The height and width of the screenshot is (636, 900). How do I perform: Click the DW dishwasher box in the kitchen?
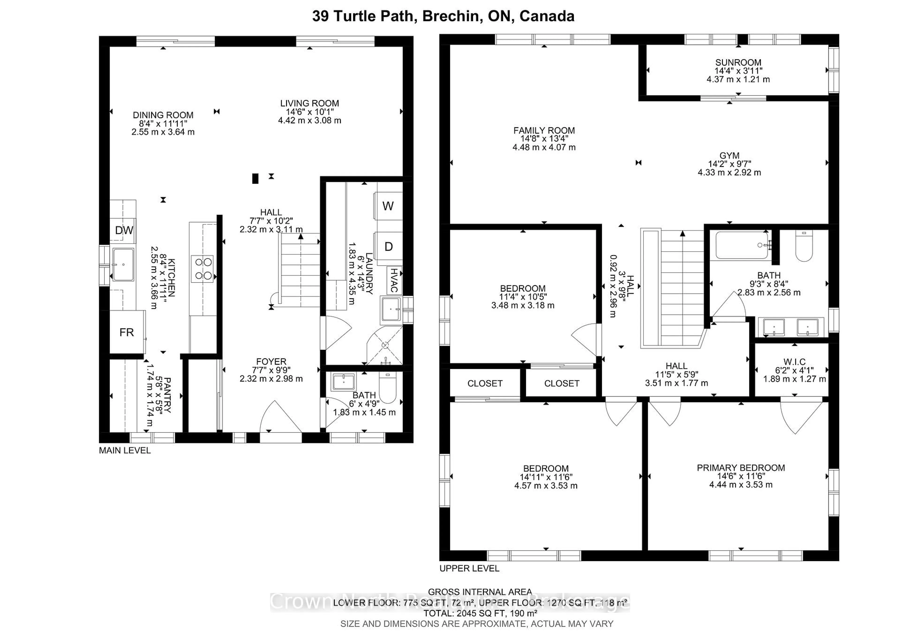[124, 230]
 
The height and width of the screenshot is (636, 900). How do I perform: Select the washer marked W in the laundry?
[388, 206]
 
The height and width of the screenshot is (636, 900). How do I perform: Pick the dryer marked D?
[388, 247]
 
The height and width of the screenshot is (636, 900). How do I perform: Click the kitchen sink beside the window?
[123, 265]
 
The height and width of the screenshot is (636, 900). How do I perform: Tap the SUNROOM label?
[738, 62]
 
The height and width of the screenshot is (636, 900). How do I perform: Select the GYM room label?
[729, 156]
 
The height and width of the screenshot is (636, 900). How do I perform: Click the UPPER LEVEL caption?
[469, 568]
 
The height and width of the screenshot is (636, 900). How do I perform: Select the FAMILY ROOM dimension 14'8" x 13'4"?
[544, 139]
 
